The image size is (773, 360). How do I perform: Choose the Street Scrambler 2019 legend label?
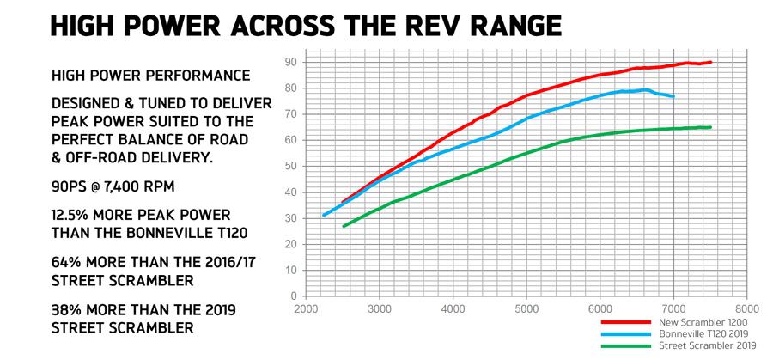coord(704,345)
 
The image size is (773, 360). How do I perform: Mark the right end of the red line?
coord(711,62)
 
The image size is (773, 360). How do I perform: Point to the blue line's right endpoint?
coord(673,96)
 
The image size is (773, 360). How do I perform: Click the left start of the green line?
coord(344,226)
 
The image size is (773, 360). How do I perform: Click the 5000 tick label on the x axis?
coord(527,308)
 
